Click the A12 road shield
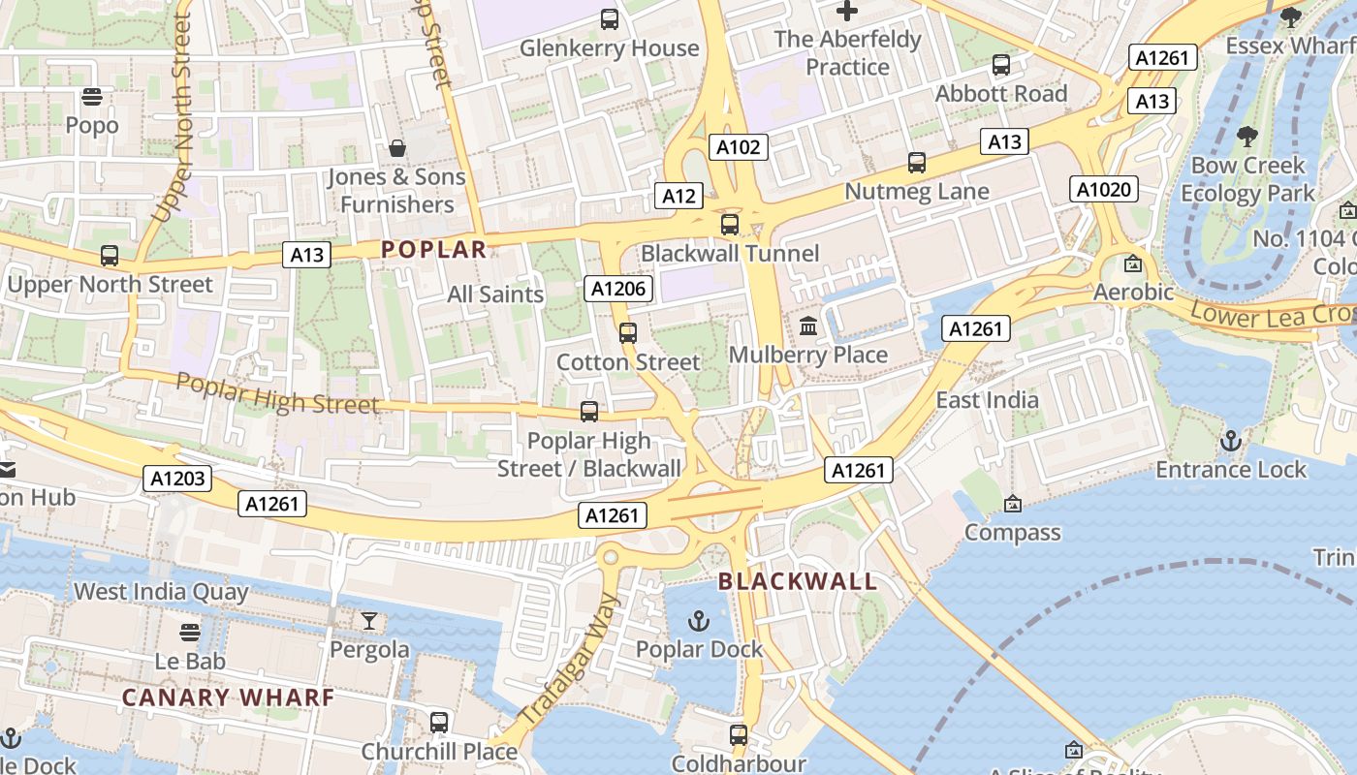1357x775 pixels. click(x=678, y=196)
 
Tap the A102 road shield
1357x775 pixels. click(x=739, y=147)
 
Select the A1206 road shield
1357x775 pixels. click(x=619, y=288)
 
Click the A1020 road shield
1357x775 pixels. click(x=1104, y=189)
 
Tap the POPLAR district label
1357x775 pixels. click(x=433, y=250)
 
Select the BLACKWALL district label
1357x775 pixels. click(x=798, y=582)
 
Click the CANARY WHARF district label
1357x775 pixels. click(x=229, y=697)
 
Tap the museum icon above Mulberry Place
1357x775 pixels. click(x=807, y=326)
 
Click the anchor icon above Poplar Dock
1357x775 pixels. click(x=698, y=620)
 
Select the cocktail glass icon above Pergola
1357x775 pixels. click(x=368, y=620)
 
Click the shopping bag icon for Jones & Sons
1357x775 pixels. click(x=396, y=148)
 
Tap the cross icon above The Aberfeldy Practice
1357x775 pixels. click(x=847, y=12)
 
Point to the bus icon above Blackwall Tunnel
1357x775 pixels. click(x=729, y=225)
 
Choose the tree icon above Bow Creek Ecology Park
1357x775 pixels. click(x=1247, y=137)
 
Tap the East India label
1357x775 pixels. click(x=987, y=400)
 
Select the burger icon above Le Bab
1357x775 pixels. click(x=190, y=633)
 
